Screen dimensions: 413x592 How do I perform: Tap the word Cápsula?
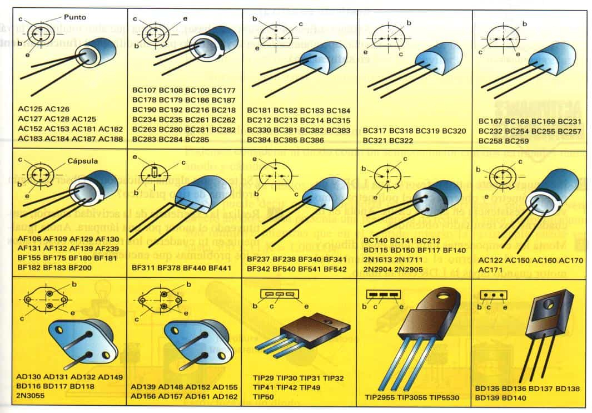click(x=83, y=161)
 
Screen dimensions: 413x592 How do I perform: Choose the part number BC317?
click(x=375, y=131)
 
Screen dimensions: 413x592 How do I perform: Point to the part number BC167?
click(x=490, y=121)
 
